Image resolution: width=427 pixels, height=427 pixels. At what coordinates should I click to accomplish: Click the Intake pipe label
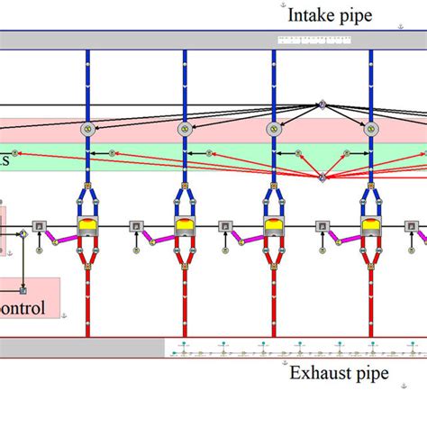329,14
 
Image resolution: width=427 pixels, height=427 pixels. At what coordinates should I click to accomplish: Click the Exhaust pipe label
338,373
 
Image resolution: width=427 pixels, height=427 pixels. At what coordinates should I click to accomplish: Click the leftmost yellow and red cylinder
88,226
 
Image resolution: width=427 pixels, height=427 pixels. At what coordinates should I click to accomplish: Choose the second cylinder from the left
185,226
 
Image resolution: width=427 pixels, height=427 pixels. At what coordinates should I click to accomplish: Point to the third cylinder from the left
274,226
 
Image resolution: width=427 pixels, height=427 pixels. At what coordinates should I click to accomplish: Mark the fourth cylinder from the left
370,226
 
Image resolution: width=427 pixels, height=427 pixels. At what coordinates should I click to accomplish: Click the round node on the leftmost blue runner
88,129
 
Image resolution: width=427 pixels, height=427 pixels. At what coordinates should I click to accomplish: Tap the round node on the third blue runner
274,129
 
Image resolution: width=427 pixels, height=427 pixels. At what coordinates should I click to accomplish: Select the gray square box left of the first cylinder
39,226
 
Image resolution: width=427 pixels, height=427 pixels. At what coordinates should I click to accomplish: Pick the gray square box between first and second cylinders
135,226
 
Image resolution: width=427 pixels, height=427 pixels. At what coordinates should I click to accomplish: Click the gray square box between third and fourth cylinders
322,226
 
